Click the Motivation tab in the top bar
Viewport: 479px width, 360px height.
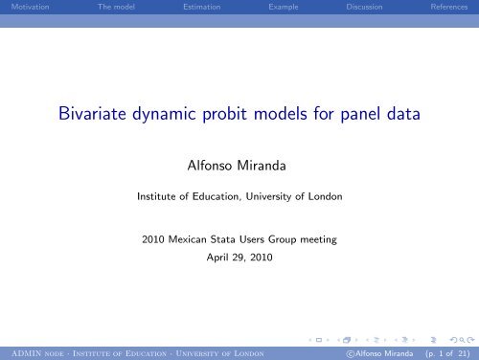pos(23,7)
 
